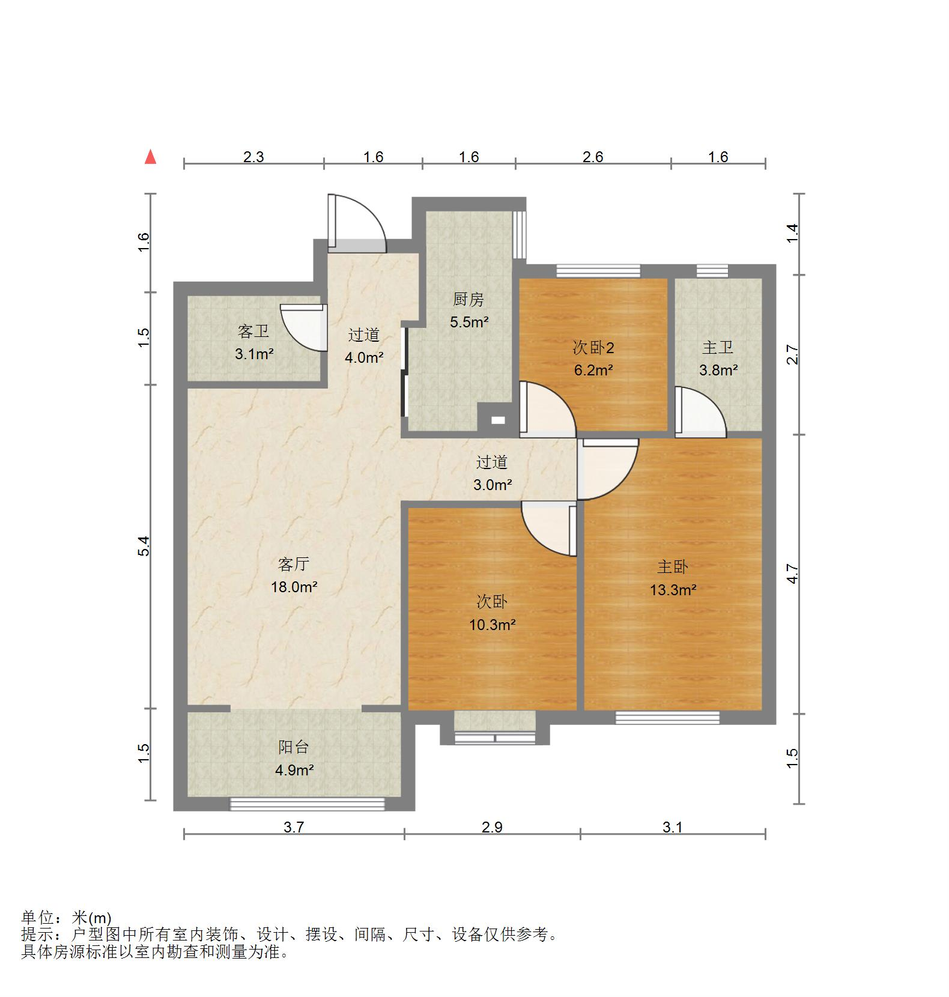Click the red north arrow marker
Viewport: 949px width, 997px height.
click(x=151, y=157)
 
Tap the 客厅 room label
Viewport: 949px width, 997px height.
click(x=294, y=564)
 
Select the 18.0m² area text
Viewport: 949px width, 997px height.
click(x=294, y=587)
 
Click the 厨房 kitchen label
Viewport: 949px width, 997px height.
click(x=468, y=299)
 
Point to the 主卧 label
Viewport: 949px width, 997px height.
click(x=673, y=566)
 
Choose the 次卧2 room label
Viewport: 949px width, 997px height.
click(x=593, y=347)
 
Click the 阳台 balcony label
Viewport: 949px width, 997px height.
click(x=294, y=747)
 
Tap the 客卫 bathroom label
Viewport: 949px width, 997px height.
click(x=253, y=331)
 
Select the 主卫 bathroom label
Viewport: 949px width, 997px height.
click(x=718, y=347)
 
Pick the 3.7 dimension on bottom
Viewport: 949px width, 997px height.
click(x=294, y=827)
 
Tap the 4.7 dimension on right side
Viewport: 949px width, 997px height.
click(x=793, y=573)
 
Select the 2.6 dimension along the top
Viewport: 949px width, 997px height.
click(x=593, y=157)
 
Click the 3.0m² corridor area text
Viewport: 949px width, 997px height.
click(x=493, y=484)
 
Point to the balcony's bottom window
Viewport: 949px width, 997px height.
click(x=308, y=804)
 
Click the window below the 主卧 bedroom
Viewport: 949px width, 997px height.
click(x=667, y=718)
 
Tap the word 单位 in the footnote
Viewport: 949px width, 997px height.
click(x=38, y=918)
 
